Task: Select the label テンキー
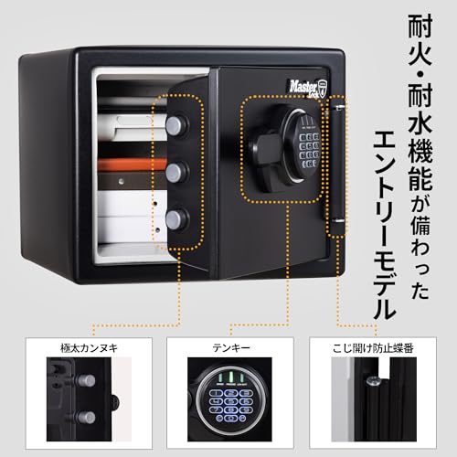228,346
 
